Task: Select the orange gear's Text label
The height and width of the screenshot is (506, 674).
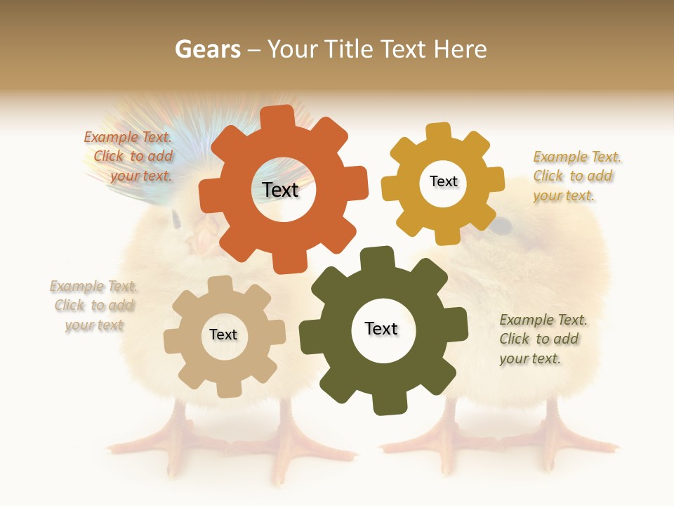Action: coord(280,190)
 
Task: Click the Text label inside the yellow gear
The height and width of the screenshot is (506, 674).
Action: coord(443,181)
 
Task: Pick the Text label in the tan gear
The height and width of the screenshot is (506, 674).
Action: coord(223,335)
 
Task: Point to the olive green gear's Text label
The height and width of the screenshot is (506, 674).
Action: coord(381,328)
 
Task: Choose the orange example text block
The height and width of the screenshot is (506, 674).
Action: coord(129,157)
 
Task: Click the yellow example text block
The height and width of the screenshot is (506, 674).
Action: coord(576,176)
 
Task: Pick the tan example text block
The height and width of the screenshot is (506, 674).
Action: coord(93,306)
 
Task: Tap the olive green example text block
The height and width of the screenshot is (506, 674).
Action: coord(543,339)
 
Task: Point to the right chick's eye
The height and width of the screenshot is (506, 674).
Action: coord(501,226)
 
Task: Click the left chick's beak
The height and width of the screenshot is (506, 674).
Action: coord(198,242)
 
